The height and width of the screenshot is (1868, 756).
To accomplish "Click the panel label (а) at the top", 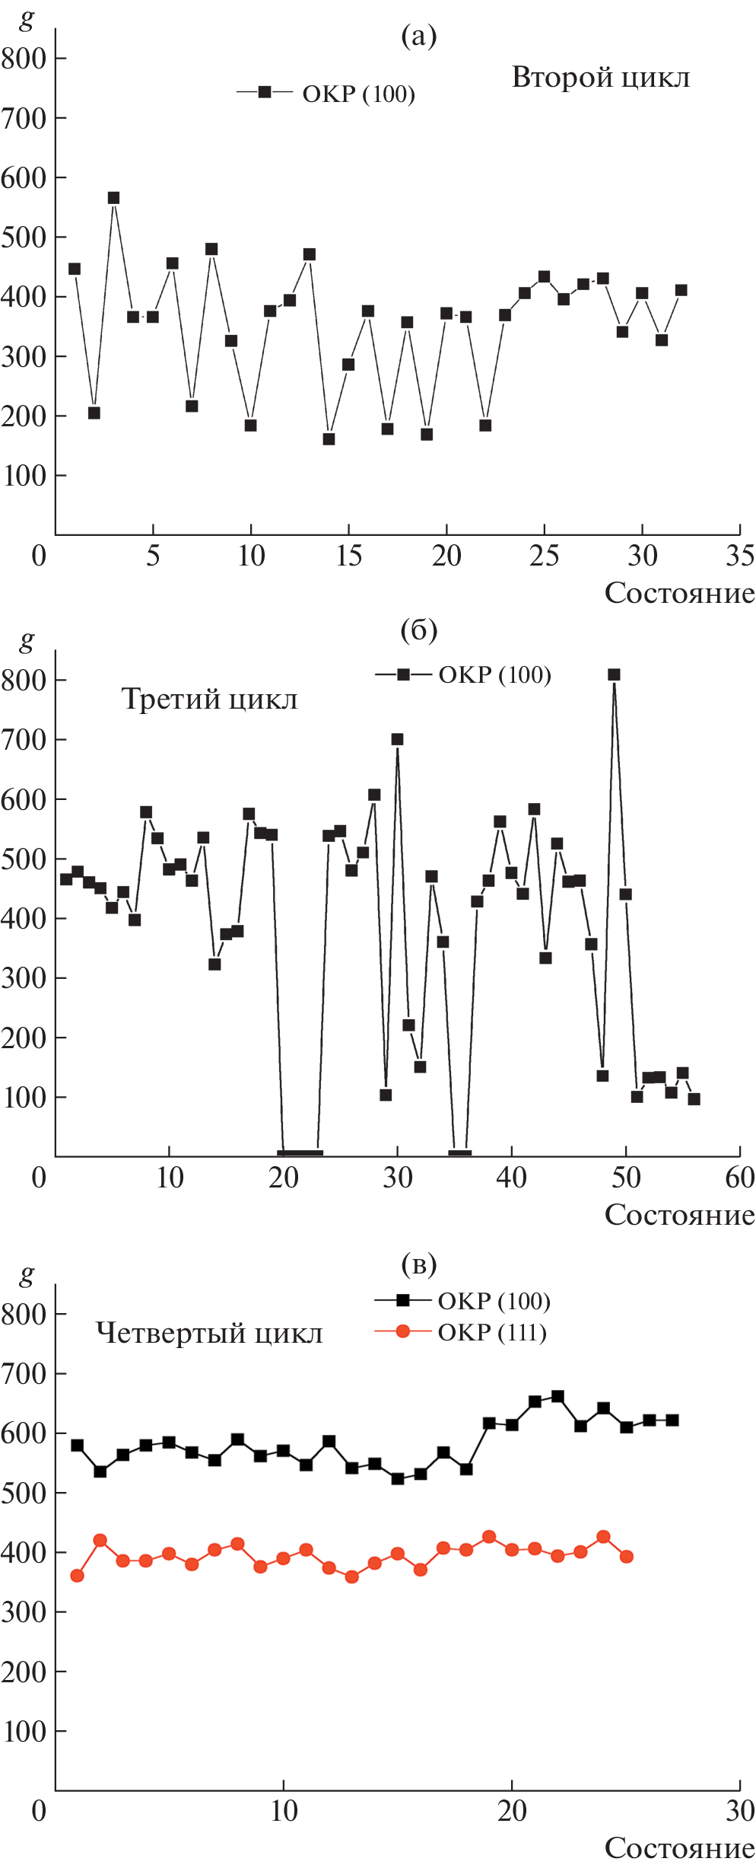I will tap(418, 36).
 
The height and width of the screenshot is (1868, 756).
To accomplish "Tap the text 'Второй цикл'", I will tap(601, 78).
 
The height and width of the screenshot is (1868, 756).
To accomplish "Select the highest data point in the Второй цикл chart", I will tap(113, 198).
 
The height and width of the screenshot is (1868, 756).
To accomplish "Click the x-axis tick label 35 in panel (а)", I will tap(739, 556).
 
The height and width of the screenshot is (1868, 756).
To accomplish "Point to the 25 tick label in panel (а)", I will tap(544, 556).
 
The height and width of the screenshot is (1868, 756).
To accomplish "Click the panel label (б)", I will tap(418, 630).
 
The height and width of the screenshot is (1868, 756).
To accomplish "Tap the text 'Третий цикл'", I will tap(209, 699).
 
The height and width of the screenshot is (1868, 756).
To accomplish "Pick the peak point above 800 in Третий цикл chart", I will tap(614, 674).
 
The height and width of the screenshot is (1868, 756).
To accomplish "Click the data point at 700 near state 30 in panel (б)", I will tap(397, 739).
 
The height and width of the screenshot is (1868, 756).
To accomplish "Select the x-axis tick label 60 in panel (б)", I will tap(739, 1178).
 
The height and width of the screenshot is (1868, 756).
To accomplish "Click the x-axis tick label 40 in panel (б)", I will tap(511, 1178).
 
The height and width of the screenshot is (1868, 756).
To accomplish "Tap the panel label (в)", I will tap(418, 1264).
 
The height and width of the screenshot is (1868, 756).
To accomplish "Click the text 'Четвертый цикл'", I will tap(209, 1334).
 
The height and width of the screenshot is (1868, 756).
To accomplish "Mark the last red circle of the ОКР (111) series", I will tap(627, 1557).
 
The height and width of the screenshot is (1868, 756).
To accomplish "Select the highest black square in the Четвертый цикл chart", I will tap(557, 1396).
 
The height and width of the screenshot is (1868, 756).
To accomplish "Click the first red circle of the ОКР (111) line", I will tap(77, 1576).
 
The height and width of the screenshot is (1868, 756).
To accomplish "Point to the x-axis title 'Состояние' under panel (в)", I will tap(679, 1848).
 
